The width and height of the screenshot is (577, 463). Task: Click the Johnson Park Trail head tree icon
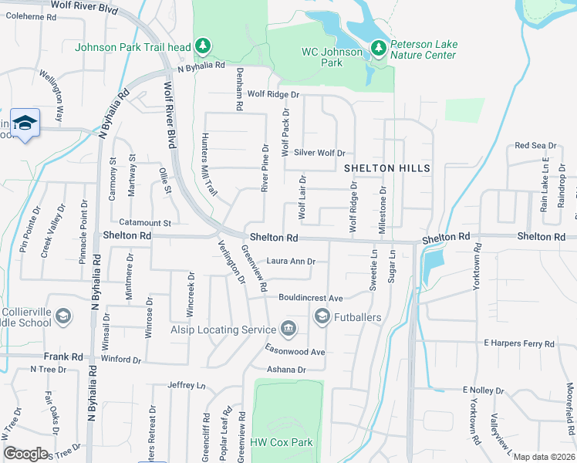(x=203, y=47)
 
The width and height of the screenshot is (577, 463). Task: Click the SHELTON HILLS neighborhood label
(x=386, y=167)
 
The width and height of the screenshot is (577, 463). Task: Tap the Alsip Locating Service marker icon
(x=288, y=330)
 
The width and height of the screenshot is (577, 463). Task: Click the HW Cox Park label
(x=282, y=443)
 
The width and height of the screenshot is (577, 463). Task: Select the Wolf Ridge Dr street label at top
(x=272, y=94)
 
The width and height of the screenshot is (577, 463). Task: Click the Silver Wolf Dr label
(x=319, y=153)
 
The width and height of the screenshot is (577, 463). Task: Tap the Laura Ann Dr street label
(x=291, y=262)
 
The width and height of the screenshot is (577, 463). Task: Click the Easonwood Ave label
(x=296, y=351)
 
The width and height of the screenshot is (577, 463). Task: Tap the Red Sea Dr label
(x=535, y=145)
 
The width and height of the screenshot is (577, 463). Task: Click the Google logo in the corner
(x=25, y=454)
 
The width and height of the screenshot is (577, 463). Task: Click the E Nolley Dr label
(x=488, y=390)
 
